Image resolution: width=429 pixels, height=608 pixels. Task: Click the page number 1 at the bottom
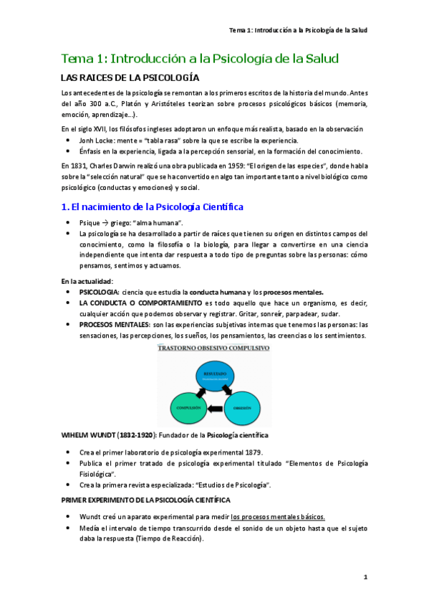point(365,577)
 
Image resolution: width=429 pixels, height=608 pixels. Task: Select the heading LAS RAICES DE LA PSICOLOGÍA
point(130,78)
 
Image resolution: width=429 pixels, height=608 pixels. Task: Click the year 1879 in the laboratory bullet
point(251,452)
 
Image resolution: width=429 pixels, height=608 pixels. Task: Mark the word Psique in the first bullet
point(90,223)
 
